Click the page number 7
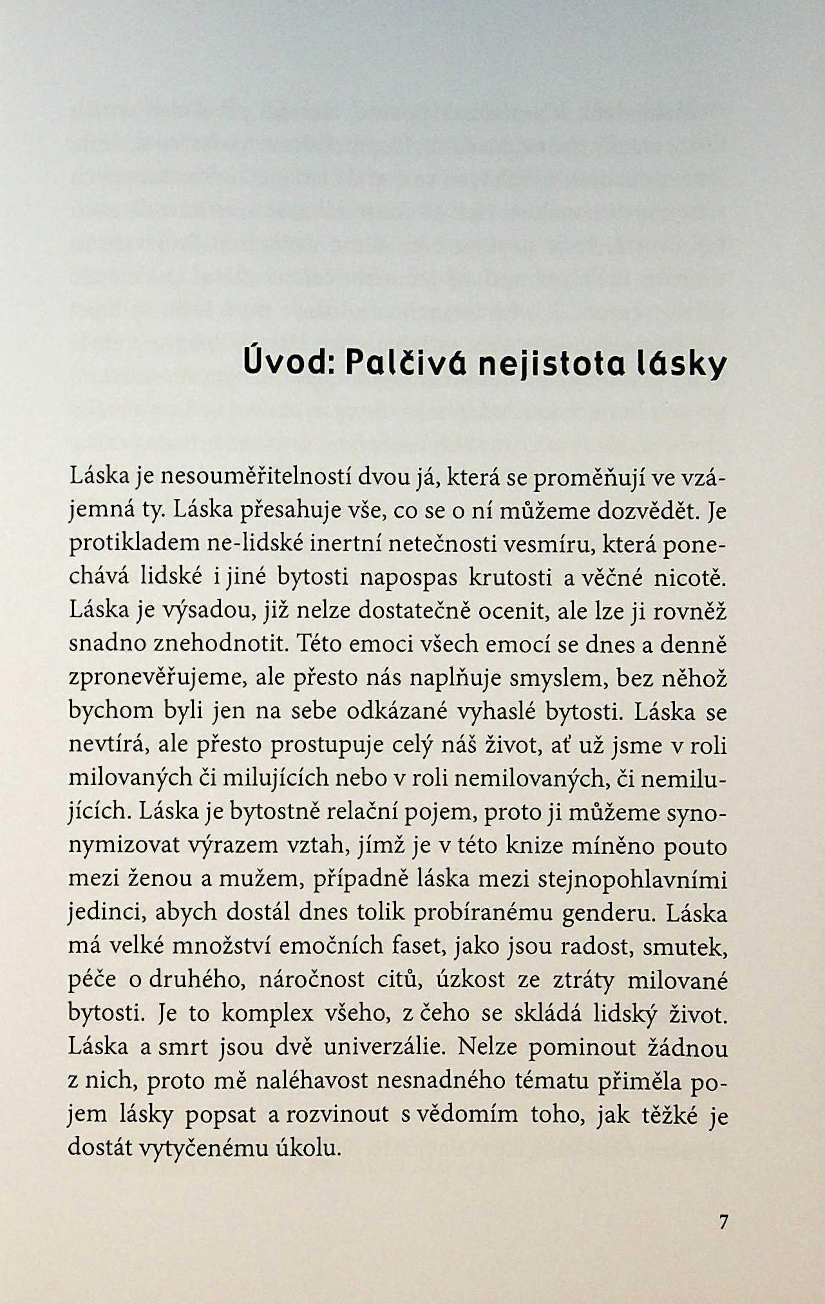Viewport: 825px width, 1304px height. [723, 1222]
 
